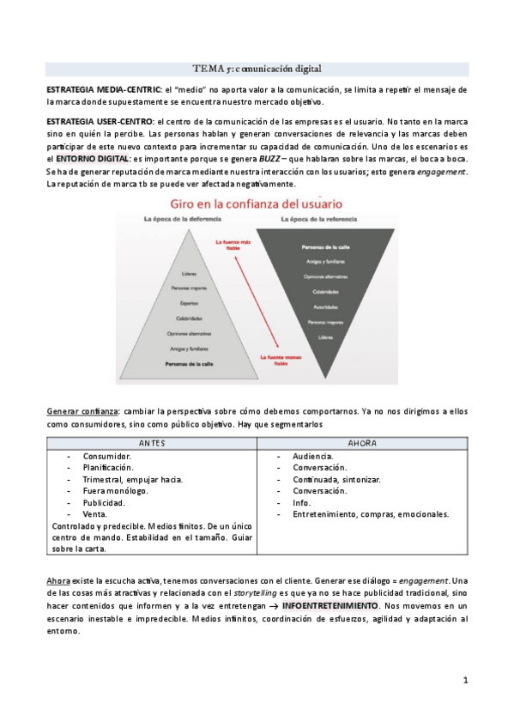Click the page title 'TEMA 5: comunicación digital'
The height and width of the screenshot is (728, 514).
point(257,68)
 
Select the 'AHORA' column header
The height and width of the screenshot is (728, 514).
point(363,443)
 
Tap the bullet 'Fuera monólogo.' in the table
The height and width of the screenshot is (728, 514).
point(115,491)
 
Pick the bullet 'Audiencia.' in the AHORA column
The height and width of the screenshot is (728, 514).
point(313,456)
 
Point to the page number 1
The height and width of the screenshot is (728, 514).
point(465,681)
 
